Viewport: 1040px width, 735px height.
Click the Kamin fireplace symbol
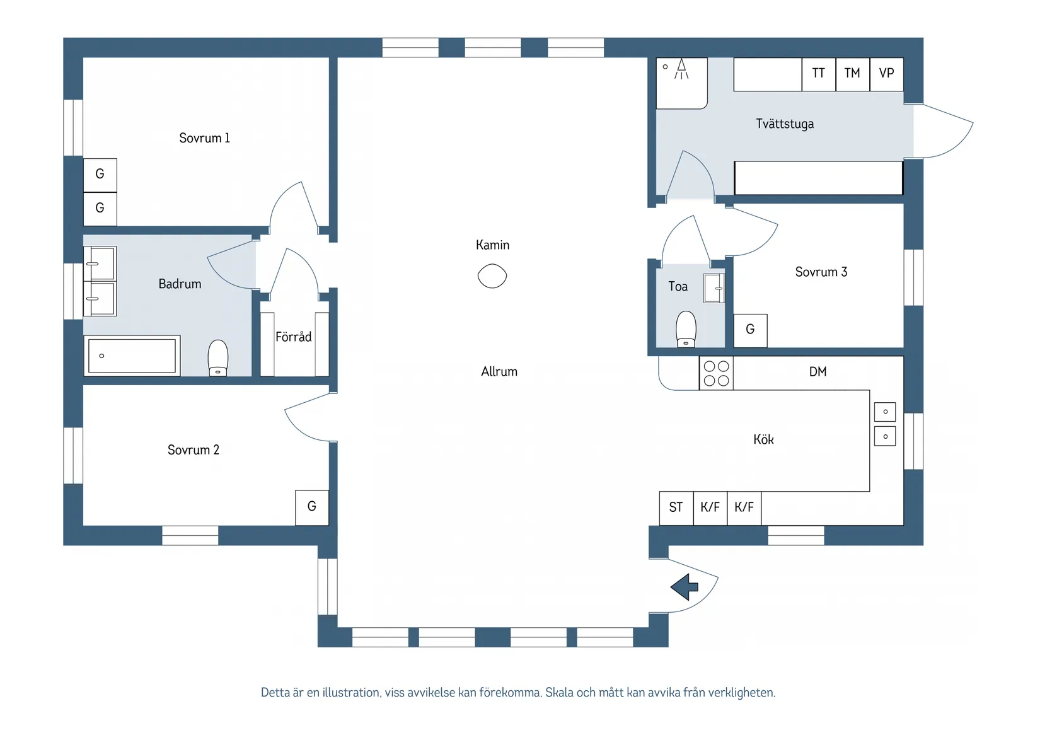pyautogui.click(x=492, y=276)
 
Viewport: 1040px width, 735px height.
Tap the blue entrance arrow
pyautogui.click(x=685, y=587)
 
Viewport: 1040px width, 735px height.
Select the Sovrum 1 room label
pyautogui.click(x=204, y=138)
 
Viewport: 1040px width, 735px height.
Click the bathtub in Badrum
pyautogui.click(x=132, y=356)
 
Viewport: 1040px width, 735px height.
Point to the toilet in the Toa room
pyautogui.click(x=686, y=329)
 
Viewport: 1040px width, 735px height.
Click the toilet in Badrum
pyautogui.click(x=217, y=358)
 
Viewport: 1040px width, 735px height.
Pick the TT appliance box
pyautogui.click(x=819, y=74)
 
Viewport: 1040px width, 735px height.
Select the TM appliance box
pyautogui.click(x=852, y=74)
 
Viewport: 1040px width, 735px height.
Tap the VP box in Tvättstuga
pyautogui.click(x=886, y=74)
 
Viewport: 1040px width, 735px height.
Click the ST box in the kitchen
pyautogui.click(x=676, y=508)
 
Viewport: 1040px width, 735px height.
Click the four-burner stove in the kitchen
pyautogui.click(x=717, y=373)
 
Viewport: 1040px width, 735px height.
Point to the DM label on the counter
pyautogui.click(x=818, y=371)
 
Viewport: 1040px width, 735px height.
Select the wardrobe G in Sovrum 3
pyautogui.click(x=750, y=330)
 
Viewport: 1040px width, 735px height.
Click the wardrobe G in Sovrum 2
pyautogui.click(x=312, y=508)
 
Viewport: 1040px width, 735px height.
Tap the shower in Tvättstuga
pyautogui.click(x=681, y=83)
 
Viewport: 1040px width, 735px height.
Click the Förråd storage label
pyautogui.click(x=294, y=337)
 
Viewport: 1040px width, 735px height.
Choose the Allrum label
pyautogui.click(x=499, y=371)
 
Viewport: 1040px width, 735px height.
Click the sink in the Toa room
pyautogui.click(x=714, y=288)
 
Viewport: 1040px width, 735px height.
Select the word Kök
pyautogui.click(x=763, y=439)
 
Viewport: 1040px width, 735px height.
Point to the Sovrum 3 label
pyautogui.click(x=821, y=272)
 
